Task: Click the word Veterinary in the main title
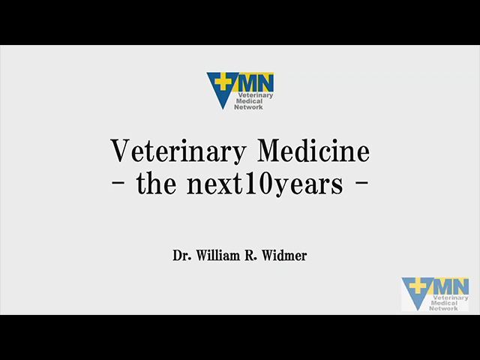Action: [x=178, y=151]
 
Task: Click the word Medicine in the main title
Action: [x=313, y=150]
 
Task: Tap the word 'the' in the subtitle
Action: [x=156, y=183]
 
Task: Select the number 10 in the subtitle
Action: [x=259, y=184]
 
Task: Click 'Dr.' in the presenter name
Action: [x=181, y=256]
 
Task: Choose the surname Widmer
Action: [x=284, y=256]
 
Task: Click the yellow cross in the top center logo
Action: [x=223, y=81]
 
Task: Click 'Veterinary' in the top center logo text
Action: [x=256, y=95]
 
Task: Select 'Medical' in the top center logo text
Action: [x=250, y=101]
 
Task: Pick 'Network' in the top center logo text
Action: [x=248, y=106]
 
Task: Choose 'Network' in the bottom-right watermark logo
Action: [x=443, y=308]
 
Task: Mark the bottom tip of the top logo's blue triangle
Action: [x=223, y=109]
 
